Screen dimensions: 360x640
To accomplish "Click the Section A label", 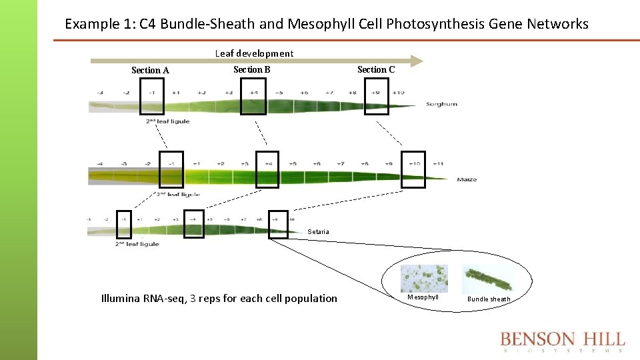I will point(150,70).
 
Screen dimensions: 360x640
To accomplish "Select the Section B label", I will point(251,69).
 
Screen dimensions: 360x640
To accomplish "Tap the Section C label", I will point(376,69).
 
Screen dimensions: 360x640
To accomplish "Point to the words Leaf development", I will point(254,53).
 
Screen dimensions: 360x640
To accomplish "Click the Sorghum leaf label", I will point(442,105).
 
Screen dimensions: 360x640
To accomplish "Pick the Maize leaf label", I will point(467,179).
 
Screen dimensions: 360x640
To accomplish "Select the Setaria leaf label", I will point(318,232).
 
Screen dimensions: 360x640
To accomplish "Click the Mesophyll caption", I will point(423,297).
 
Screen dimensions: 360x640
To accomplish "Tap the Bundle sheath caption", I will point(489,299).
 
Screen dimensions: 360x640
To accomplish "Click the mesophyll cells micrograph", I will point(424,279).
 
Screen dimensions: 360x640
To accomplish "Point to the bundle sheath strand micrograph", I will point(488,279).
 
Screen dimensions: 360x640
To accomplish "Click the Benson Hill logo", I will point(563,341).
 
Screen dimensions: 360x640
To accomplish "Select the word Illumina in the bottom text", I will point(120,298).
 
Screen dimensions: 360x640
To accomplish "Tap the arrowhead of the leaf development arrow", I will point(417,61).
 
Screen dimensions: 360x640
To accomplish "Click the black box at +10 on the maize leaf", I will point(413,169).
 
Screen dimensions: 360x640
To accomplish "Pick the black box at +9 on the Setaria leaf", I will point(279,224).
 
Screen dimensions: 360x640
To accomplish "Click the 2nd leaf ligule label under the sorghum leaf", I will point(167,121).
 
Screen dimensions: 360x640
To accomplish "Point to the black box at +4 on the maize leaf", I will point(269,169).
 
